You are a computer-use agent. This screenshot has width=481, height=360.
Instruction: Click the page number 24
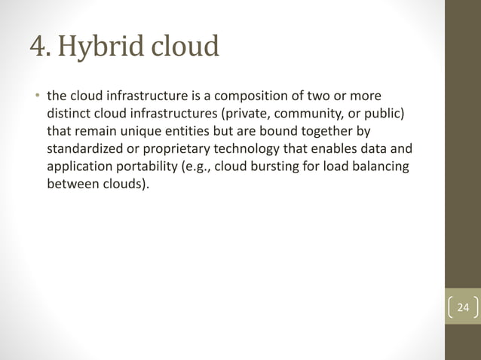[x=463, y=307]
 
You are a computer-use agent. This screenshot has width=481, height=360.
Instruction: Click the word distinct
[x=69, y=114]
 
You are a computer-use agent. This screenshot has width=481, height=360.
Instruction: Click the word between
[x=70, y=183]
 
